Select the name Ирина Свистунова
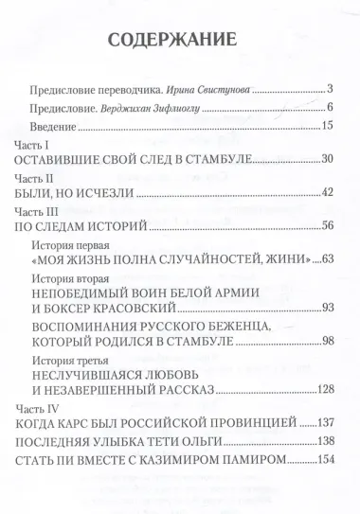pyautogui.click(x=206, y=89)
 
